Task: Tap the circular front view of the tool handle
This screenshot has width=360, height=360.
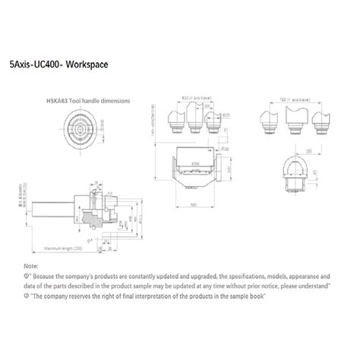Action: [79, 127]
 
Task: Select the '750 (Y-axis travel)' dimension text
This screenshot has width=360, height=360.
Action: [295, 99]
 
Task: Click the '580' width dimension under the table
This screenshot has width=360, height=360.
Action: [194, 204]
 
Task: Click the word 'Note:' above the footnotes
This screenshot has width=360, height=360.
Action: [30, 267]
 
